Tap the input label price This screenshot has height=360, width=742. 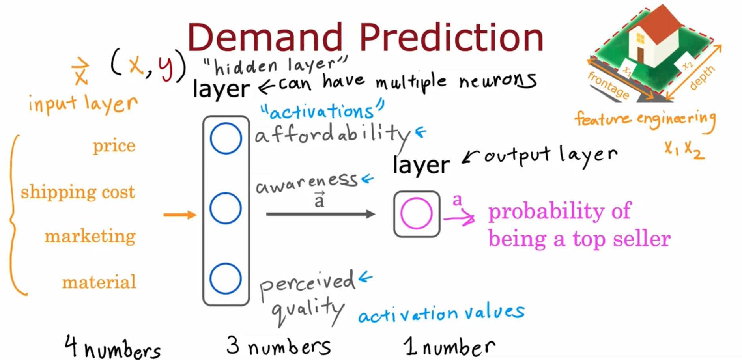(114, 146)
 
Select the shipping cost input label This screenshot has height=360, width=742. (78, 192)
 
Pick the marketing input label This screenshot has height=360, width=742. (90, 237)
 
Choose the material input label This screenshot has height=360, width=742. (99, 282)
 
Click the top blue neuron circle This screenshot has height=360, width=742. (226, 123)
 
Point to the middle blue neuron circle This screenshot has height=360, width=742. (226, 192)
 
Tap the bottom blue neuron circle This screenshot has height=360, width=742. (226, 263)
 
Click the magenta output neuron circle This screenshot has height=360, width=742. (417, 199)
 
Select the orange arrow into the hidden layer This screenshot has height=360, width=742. (180, 215)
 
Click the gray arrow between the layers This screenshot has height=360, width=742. (321, 214)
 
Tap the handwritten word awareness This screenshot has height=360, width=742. (307, 183)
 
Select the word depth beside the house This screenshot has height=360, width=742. (702, 78)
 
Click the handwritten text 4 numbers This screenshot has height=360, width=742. (113, 347)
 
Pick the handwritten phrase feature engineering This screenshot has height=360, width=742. (645, 120)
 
